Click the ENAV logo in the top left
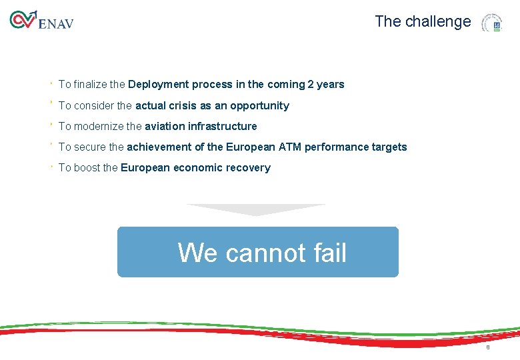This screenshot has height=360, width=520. click(x=41, y=21)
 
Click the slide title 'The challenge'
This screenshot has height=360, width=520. click(x=423, y=21)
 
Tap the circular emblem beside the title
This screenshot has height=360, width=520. click(x=492, y=23)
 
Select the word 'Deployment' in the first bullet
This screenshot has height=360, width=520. click(x=159, y=85)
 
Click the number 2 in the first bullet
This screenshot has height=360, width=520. click(x=310, y=85)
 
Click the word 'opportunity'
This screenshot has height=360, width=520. click(x=259, y=106)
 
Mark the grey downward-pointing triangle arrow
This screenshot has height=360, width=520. click(x=256, y=209)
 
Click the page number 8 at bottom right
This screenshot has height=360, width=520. click(x=488, y=348)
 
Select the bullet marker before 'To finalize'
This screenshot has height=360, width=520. click(x=51, y=83)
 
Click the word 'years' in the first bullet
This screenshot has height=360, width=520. click(x=331, y=85)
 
